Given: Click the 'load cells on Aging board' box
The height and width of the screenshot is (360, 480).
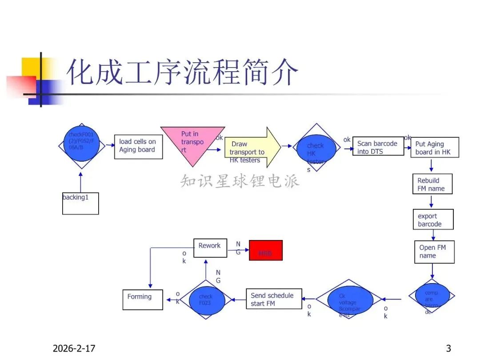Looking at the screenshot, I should pos(138,147).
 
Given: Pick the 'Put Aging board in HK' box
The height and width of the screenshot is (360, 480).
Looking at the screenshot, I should pos(436,147).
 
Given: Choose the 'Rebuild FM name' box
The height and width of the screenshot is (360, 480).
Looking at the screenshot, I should pos(432,184).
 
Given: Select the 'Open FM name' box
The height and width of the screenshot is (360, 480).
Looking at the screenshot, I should pos(434,252).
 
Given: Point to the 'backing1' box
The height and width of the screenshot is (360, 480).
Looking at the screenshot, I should pos(80,204).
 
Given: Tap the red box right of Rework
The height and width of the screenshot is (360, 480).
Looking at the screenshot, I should pos(266,250).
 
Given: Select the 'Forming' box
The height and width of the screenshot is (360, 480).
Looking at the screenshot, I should pos(142,299).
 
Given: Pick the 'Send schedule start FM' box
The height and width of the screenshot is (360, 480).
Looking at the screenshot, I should pos(274,299).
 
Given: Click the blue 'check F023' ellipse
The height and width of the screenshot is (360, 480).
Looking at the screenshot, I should pos(206,300).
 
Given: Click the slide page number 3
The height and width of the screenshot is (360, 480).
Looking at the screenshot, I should pos(448,348).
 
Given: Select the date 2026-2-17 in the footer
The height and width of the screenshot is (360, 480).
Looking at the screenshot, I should pos(74,348).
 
